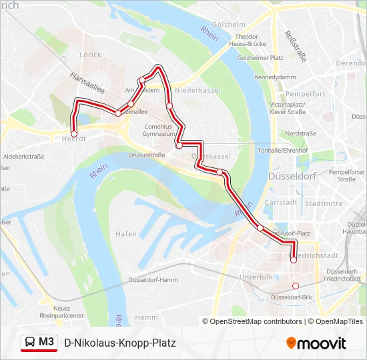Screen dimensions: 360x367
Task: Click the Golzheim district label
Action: pos(229,25)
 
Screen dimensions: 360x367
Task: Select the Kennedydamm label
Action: pos(270,77)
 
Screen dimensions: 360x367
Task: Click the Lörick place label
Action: pos(90,55)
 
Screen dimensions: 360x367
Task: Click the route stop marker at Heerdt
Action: pos(74,134)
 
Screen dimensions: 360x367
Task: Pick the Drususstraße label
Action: pos(146,155)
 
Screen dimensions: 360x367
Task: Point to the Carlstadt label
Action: pos(280,202)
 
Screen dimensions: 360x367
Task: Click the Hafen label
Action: pos(126,234)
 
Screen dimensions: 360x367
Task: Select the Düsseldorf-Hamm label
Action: pos(152,279)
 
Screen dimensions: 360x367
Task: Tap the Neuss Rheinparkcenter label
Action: pos(61,311)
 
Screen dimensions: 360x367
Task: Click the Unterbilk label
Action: pos(256,276)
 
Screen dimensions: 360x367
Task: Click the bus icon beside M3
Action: pos(30,343)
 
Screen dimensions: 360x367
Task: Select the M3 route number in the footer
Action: pos(47,343)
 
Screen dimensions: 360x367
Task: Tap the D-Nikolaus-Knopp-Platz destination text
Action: pos(120,343)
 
